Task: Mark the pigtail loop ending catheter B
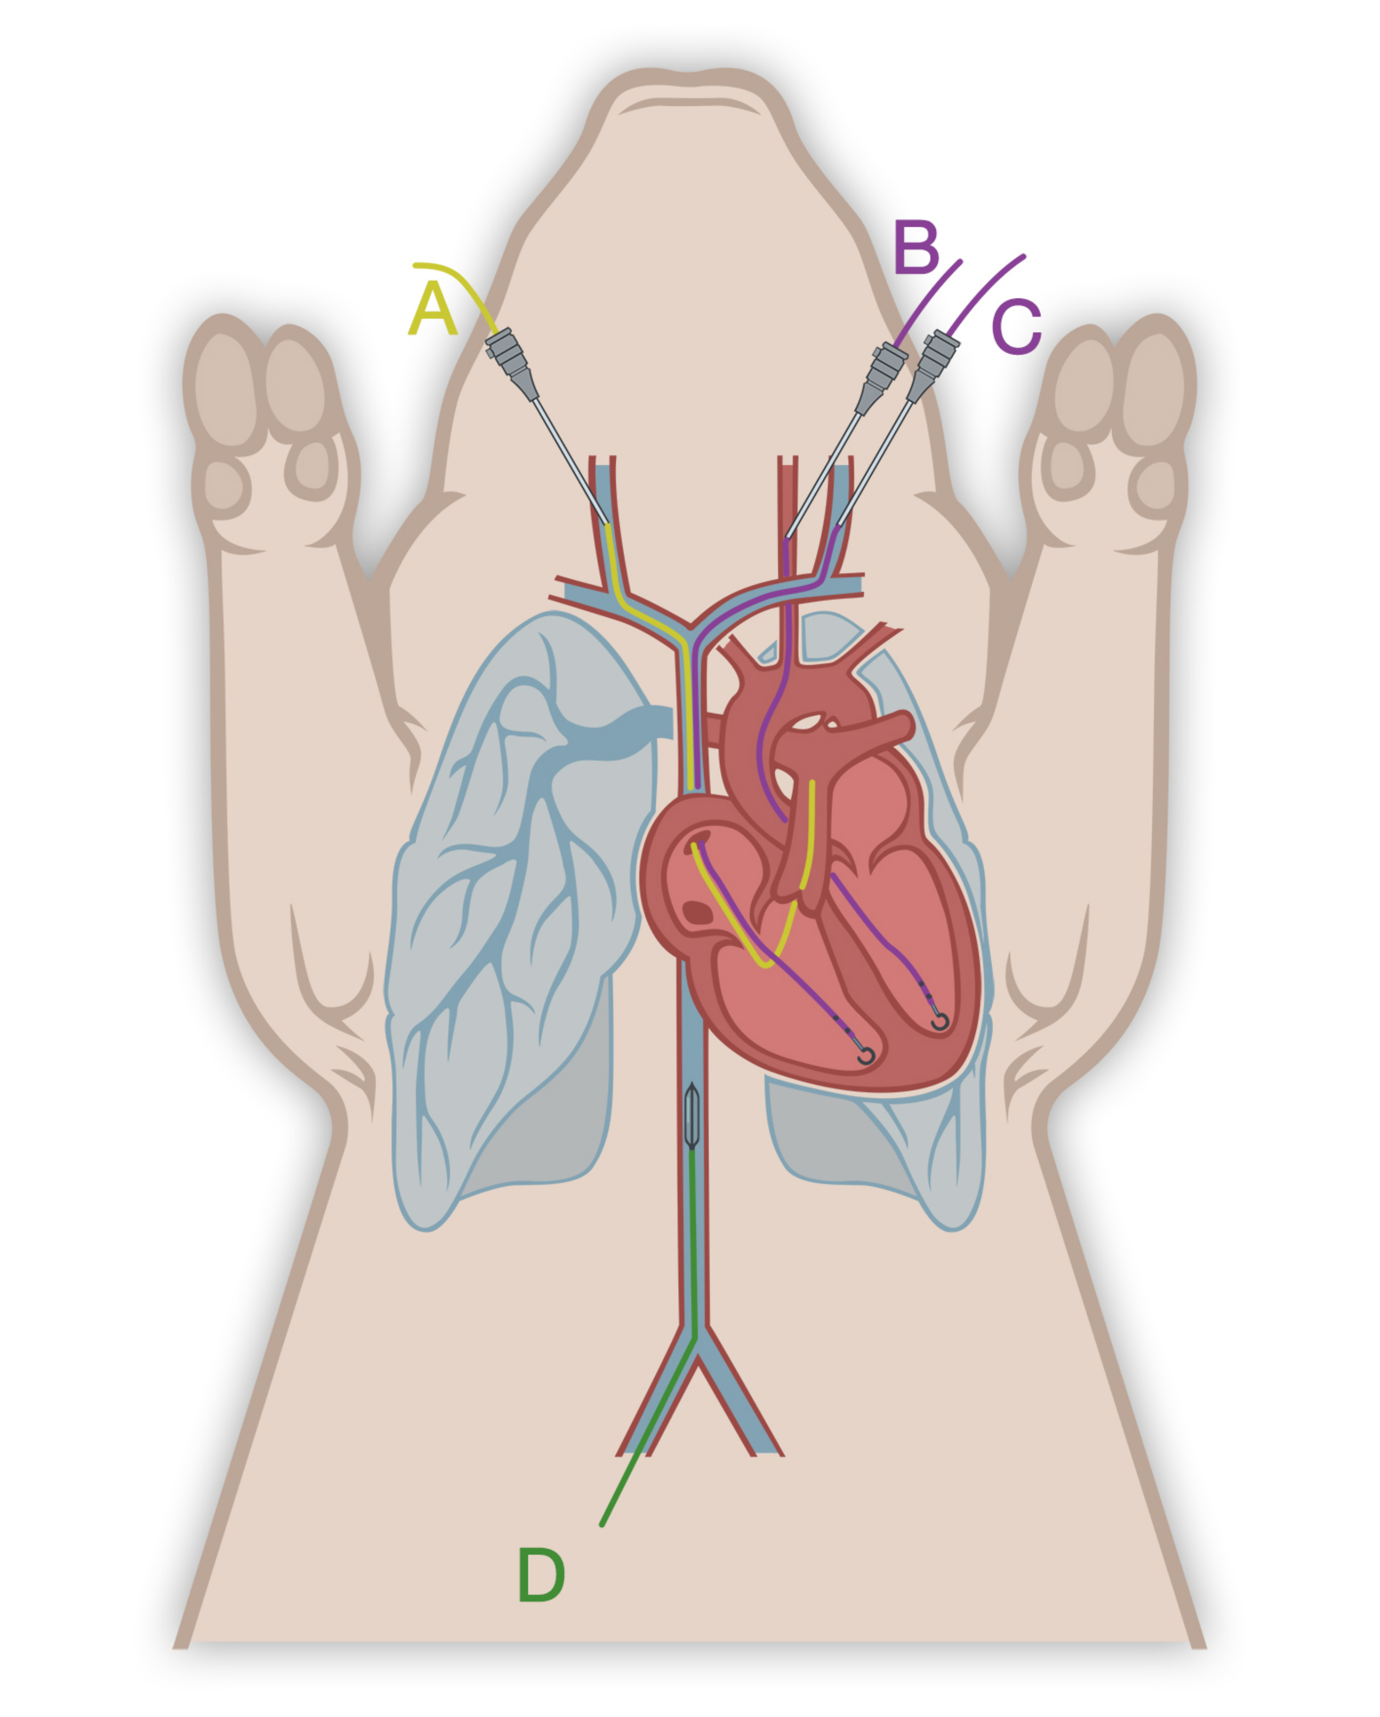coord(940,1022)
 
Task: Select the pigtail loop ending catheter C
coord(866,1057)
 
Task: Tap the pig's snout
coord(689,103)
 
